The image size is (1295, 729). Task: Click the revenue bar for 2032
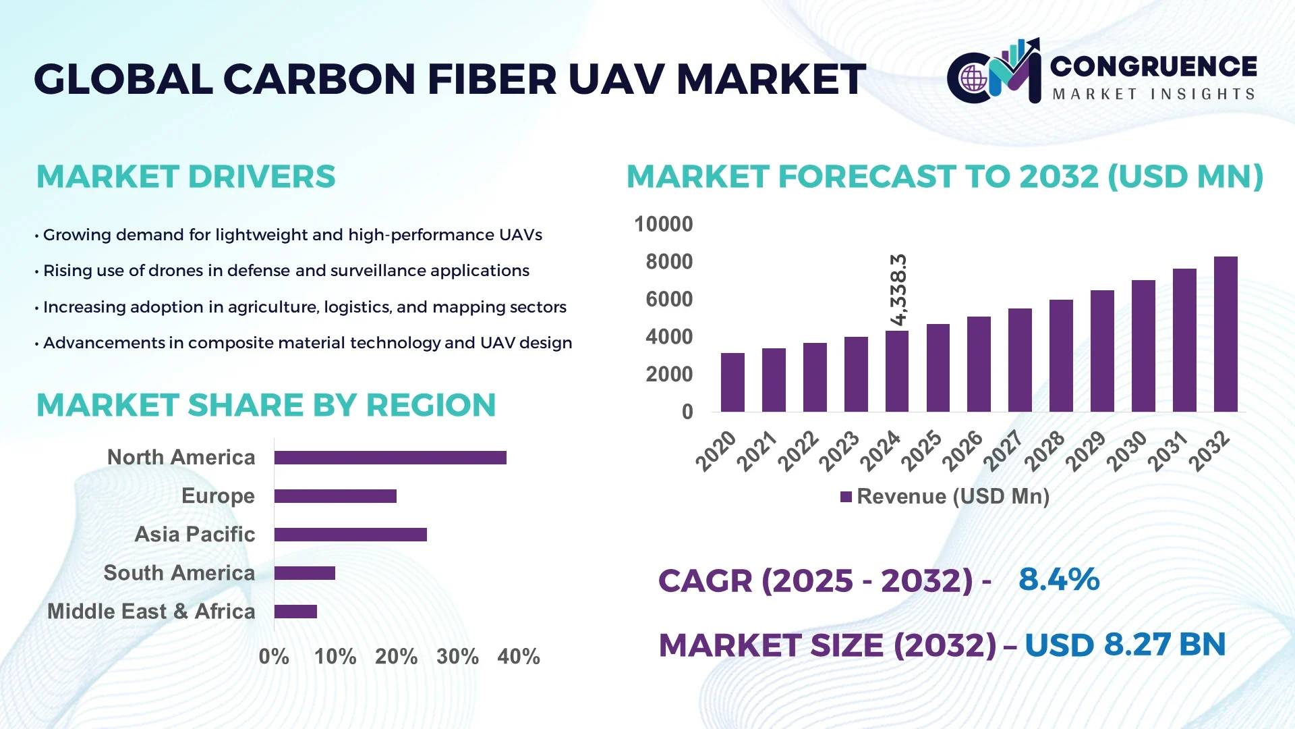[1225, 334]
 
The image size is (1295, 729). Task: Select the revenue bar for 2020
[732, 382]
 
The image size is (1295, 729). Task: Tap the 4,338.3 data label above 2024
[898, 290]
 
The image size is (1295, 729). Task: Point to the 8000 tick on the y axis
[668, 262]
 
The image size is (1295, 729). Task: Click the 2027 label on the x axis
[1003, 451]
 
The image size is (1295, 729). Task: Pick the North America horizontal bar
[390, 458]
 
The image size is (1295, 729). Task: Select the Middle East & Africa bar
[295, 612]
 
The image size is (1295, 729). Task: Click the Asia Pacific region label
[194, 535]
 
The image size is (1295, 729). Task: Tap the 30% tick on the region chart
[457, 656]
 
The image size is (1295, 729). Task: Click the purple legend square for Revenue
[846, 497]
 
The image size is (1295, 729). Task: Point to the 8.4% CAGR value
[1059, 580]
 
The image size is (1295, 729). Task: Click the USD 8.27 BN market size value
[1124, 645]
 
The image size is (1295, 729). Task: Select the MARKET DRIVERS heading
[185, 177]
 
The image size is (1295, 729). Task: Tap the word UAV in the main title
[616, 80]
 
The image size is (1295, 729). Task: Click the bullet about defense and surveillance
[286, 271]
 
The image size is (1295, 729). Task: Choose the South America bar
[304, 573]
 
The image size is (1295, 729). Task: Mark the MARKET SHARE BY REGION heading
[266, 406]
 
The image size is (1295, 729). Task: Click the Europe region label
[218, 496]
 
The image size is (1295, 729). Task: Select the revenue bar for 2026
[978, 364]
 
